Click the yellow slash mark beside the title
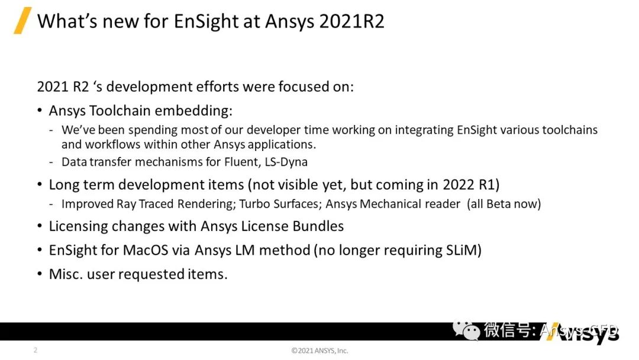pyautogui.click(x=22, y=21)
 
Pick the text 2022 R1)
pyautogui.click(x=471, y=185)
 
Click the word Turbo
pyautogui.click(x=258, y=204)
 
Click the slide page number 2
pyautogui.click(x=35, y=350)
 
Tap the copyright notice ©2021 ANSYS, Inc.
pyautogui.click(x=319, y=351)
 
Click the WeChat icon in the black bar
pyautogui.click(x=466, y=330)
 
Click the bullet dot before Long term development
pyautogui.click(x=40, y=185)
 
